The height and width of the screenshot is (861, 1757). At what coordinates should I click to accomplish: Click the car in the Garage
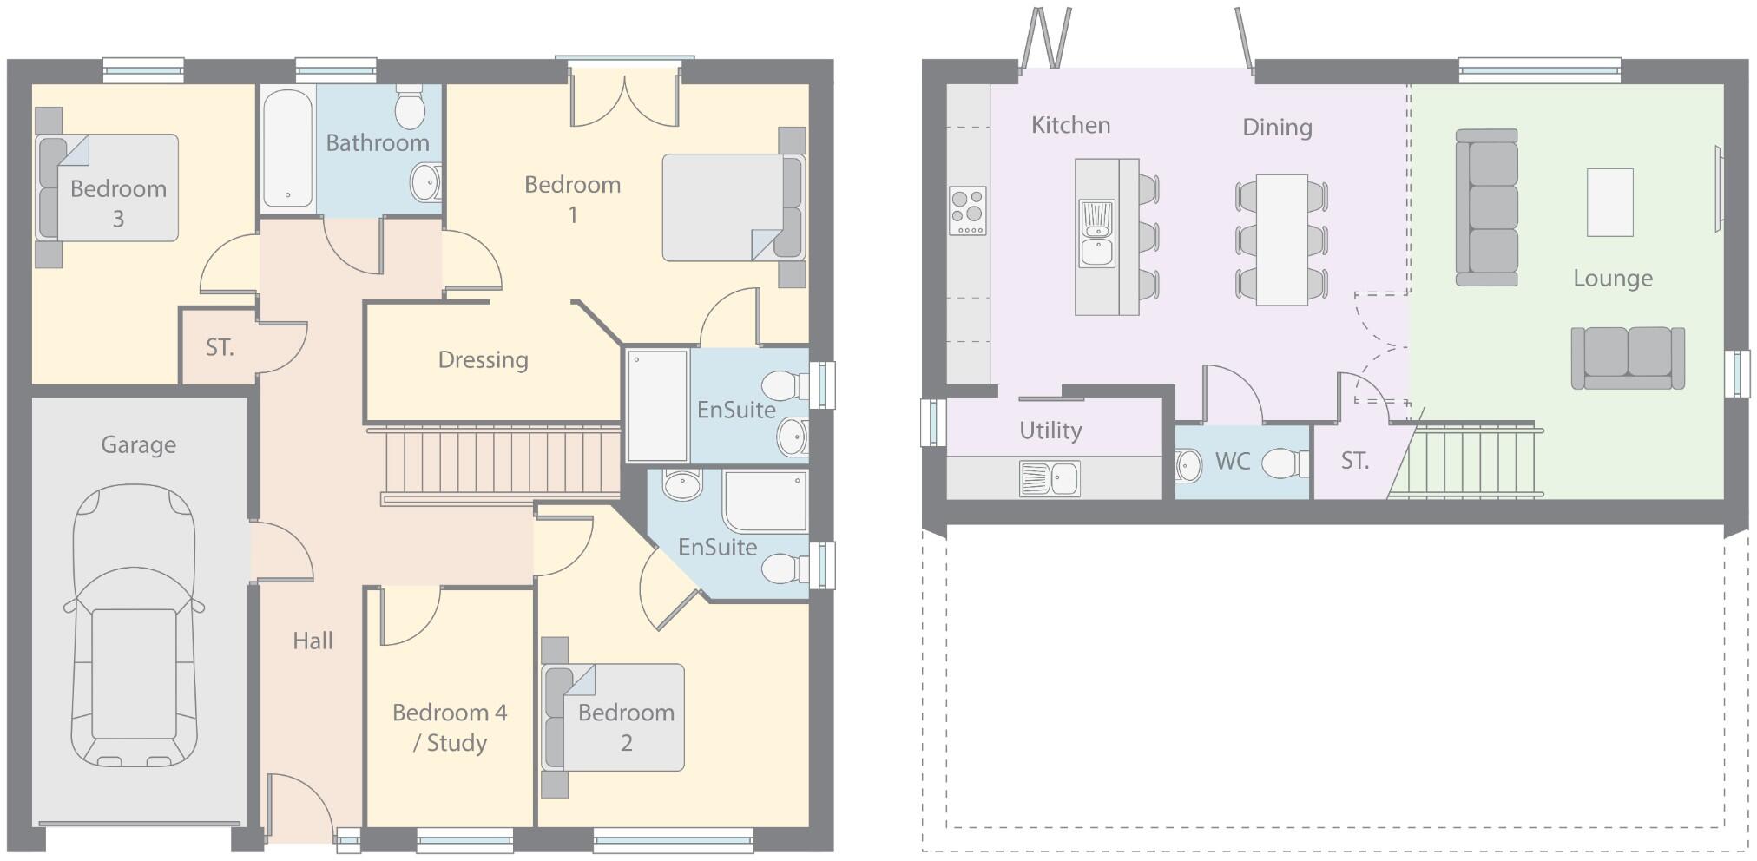(135, 627)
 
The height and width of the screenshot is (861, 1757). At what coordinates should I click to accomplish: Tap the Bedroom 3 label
(118, 203)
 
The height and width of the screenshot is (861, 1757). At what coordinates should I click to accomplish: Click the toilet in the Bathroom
(409, 109)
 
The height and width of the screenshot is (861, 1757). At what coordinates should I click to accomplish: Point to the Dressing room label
(483, 359)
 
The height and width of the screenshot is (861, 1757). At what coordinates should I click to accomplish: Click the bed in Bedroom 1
(731, 207)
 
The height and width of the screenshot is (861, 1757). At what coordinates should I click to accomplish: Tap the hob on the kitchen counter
(967, 211)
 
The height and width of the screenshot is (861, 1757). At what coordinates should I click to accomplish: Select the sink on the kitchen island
(1096, 234)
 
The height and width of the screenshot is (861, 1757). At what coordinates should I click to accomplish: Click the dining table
(1281, 240)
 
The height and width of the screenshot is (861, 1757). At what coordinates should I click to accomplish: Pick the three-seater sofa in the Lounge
(1486, 207)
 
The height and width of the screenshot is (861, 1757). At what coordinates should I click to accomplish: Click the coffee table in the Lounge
(1609, 202)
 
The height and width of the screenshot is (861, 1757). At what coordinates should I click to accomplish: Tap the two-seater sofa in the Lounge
(1627, 358)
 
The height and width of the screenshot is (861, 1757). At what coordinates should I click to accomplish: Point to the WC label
(1232, 461)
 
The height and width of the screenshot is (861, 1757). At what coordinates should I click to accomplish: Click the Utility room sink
(1050, 478)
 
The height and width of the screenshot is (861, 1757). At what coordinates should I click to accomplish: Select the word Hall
(313, 641)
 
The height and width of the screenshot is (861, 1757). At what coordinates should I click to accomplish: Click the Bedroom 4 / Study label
(449, 727)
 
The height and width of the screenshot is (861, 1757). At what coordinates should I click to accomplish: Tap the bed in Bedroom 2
(614, 718)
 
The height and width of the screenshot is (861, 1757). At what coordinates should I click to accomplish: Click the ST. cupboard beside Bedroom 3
(220, 348)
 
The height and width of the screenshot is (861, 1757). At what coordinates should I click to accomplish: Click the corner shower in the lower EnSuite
(765, 502)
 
